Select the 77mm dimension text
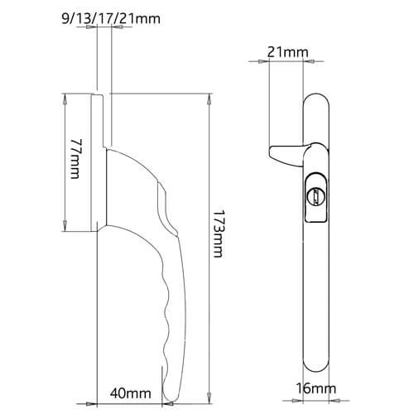[75, 163]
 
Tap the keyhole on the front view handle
[315, 197]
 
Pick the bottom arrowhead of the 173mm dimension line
[207, 398]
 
